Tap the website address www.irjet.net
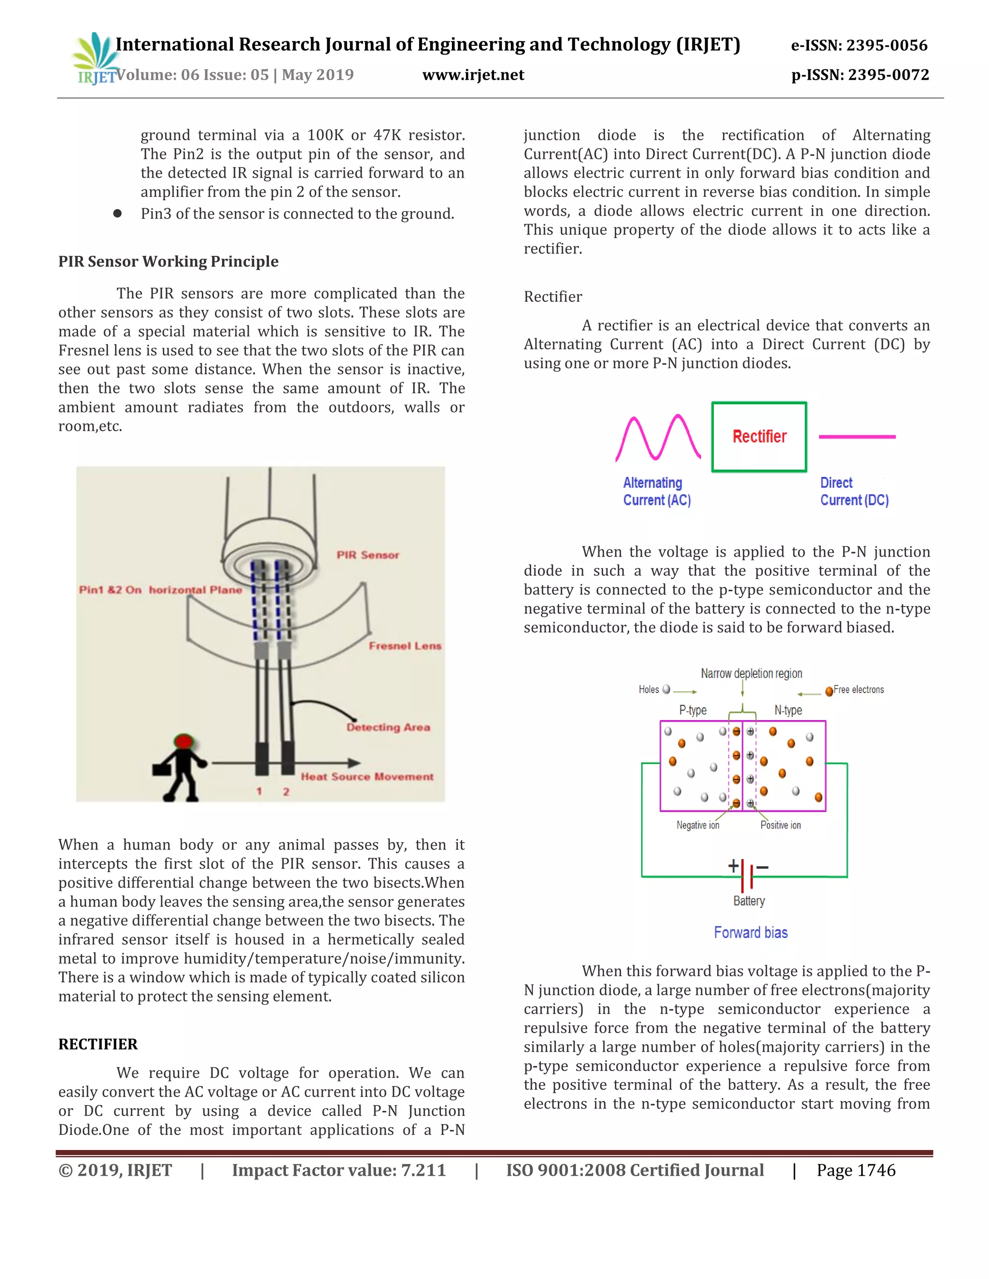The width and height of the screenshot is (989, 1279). coord(473,75)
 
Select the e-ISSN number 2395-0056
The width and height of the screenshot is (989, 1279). coord(859,45)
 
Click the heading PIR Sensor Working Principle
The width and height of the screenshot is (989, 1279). coord(168,261)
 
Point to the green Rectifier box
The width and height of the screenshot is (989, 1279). coord(759,437)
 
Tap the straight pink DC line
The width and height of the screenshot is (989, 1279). coord(857,437)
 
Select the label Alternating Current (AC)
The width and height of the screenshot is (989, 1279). coord(656,491)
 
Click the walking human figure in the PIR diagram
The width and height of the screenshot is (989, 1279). coord(181,767)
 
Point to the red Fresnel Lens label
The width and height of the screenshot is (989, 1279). coord(405,646)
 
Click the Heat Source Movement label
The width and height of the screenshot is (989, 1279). coord(367,777)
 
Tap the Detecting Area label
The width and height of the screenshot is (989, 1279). coord(388,727)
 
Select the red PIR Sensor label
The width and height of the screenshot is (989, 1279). coord(367,555)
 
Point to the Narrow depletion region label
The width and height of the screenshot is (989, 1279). coord(751,673)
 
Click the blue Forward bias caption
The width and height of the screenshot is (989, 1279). coord(750,932)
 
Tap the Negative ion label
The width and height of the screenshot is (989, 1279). coord(697,825)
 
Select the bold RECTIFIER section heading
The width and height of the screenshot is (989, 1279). coord(98,1044)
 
